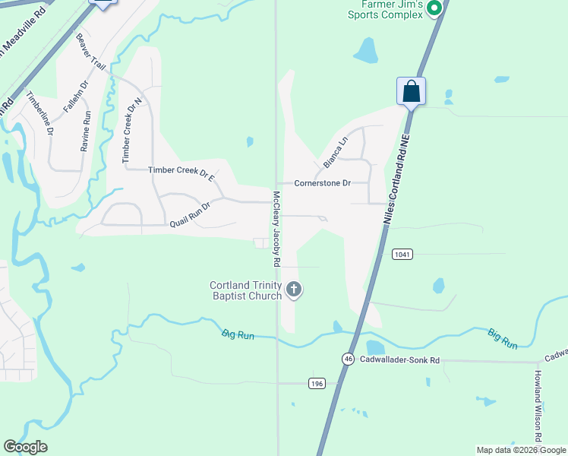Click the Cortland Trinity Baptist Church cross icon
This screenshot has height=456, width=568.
tap(294, 290)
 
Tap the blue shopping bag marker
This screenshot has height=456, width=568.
tap(411, 92)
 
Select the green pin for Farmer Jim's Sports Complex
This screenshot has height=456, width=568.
tap(434, 9)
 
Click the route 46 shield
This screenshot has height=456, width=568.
tap(348, 359)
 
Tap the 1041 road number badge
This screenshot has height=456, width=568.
tap(402, 254)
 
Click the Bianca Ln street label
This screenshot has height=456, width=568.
tap(335, 152)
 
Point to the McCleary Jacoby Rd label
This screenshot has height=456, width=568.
tap(276, 228)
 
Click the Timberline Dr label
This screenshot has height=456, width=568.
tap(39, 113)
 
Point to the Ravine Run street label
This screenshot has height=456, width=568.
tap(87, 128)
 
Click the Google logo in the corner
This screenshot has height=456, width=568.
tap(25, 447)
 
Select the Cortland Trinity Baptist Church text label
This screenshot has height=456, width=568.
tap(245, 290)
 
